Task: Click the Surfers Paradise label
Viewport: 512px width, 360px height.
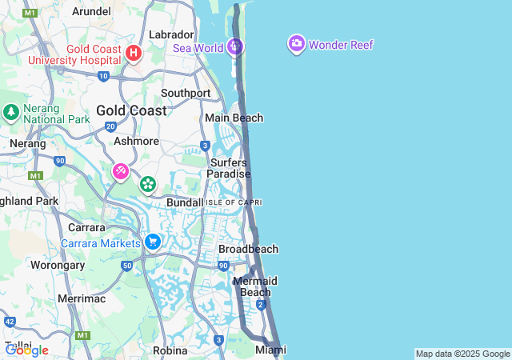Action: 228,168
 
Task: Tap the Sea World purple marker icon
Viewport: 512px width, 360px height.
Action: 234,47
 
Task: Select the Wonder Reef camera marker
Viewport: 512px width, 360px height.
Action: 297,43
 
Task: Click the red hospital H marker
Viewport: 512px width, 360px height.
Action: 134,54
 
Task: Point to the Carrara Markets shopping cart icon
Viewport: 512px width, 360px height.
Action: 153,242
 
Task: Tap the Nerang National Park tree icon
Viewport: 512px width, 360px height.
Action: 10,110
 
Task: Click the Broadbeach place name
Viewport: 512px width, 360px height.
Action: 248,249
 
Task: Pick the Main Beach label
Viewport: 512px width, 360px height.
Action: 234,118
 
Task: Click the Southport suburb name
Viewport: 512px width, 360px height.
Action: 186,93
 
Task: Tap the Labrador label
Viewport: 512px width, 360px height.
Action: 171,34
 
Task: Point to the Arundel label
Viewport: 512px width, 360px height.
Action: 91,11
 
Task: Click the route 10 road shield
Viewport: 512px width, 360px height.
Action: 103,76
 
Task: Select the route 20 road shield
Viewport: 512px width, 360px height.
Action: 110,126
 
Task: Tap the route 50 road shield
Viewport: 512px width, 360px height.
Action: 126,265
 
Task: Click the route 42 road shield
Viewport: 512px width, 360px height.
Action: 10,321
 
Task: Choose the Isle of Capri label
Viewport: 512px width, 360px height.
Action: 234,202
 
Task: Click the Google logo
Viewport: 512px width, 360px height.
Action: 26,350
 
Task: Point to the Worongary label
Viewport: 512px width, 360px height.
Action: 58,265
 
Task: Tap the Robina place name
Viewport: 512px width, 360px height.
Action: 170,350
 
